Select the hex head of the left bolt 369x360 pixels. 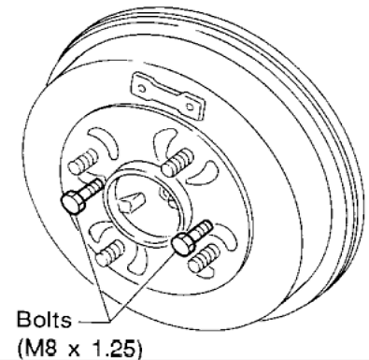(x=69, y=203)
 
